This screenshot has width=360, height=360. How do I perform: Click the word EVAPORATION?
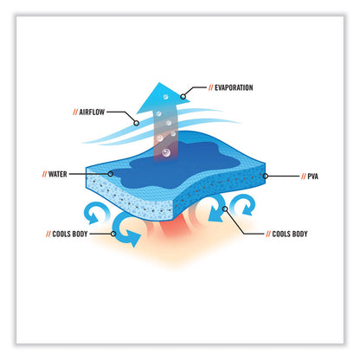[x=234, y=87]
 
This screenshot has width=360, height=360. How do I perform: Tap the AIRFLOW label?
[x=92, y=112]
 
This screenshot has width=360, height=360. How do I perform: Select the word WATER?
[x=58, y=174]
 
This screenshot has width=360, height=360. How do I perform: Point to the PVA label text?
[x=313, y=177]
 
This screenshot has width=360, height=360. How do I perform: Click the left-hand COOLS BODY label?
[x=70, y=234]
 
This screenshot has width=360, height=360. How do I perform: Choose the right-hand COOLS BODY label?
[x=290, y=234]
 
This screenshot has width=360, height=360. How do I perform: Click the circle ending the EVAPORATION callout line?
[x=183, y=97]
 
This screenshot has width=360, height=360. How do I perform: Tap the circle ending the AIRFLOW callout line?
[x=137, y=123]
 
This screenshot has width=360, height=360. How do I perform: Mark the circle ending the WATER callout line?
[x=110, y=174]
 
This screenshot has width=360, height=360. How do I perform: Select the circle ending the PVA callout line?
[x=266, y=176]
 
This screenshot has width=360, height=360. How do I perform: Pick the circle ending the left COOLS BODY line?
[x=113, y=234]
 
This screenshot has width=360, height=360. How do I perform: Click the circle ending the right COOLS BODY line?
[x=225, y=209]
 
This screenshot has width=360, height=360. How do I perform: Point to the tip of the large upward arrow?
[x=158, y=83]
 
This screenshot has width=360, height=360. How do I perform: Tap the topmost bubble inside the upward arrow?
[x=165, y=97]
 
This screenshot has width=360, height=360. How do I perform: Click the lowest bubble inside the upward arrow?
[x=166, y=152]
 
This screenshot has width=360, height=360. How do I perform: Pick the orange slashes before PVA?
[x=304, y=177]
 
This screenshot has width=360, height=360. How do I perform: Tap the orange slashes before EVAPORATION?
[x=211, y=87]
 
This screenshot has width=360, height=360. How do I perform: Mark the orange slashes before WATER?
[x=44, y=174]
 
